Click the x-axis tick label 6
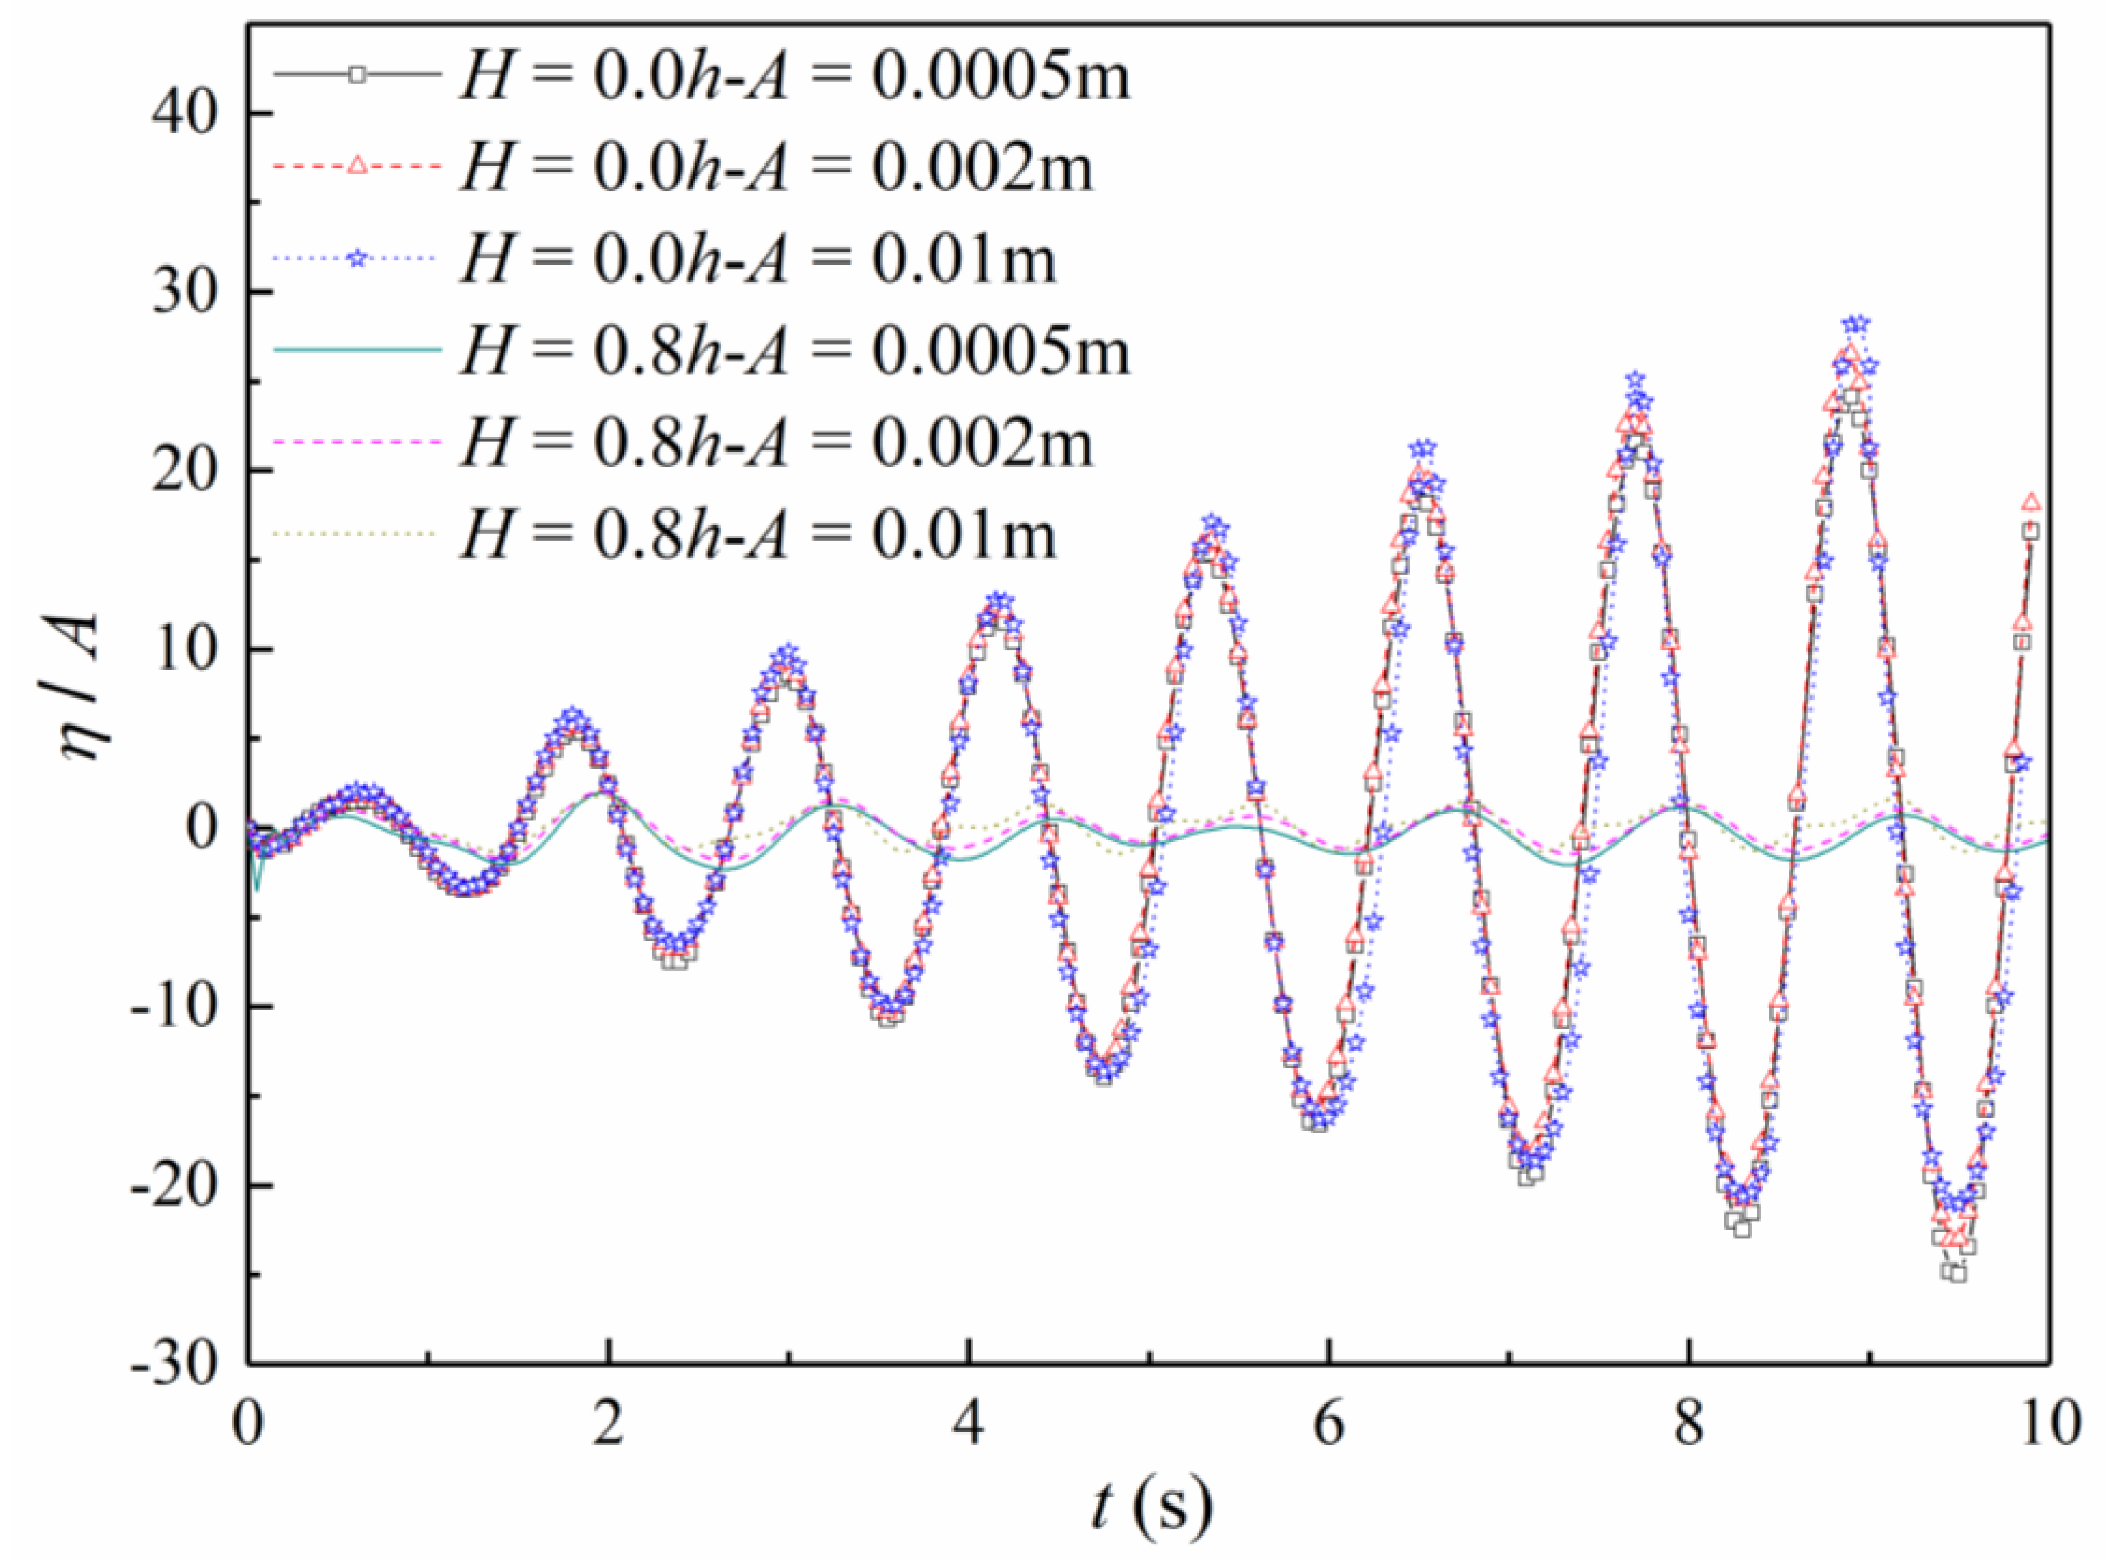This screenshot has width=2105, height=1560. [x=1329, y=1423]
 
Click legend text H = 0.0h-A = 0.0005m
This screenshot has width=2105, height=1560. [x=793, y=75]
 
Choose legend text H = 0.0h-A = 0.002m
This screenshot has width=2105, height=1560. [x=774, y=167]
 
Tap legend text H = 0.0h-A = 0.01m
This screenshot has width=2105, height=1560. [x=756, y=259]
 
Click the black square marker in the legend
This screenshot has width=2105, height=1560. [x=357, y=75]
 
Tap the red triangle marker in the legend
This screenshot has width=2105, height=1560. [x=357, y=167]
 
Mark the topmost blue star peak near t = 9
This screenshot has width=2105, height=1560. [x=1855, y=325]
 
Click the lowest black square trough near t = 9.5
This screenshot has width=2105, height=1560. [x=1958, y=1273]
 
